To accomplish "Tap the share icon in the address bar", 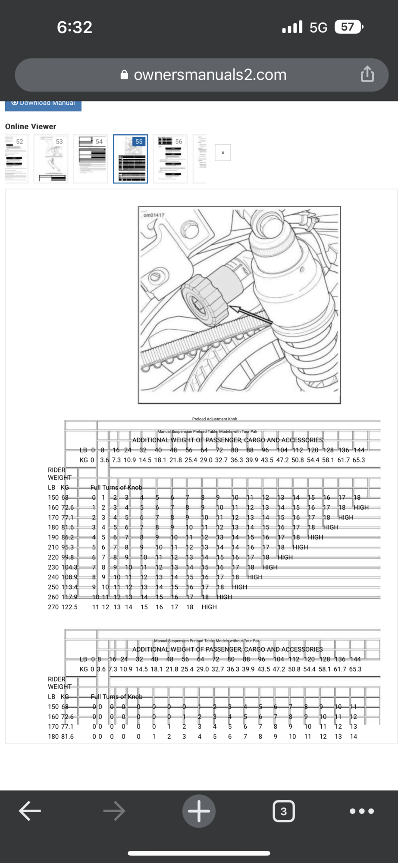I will pos(367,74).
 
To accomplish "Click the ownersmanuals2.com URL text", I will pos(210,75).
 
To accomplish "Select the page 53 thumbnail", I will pos(51,159).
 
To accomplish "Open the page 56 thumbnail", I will pos(170,159).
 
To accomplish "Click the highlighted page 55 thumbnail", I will pos(130,159).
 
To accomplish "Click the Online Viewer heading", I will pos(31,126).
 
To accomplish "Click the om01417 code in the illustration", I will pos(154,215).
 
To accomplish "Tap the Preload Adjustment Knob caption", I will pos(214,419).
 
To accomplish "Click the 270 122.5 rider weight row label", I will pos(63,607).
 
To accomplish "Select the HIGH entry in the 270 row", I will pos(209,607).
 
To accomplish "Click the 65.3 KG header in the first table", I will pos(358,460).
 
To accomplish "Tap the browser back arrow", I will pos(30,811).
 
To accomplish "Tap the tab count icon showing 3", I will pos(283,811).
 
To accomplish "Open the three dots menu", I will pos(361,811).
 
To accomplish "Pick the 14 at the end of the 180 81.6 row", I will pos(353,737).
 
